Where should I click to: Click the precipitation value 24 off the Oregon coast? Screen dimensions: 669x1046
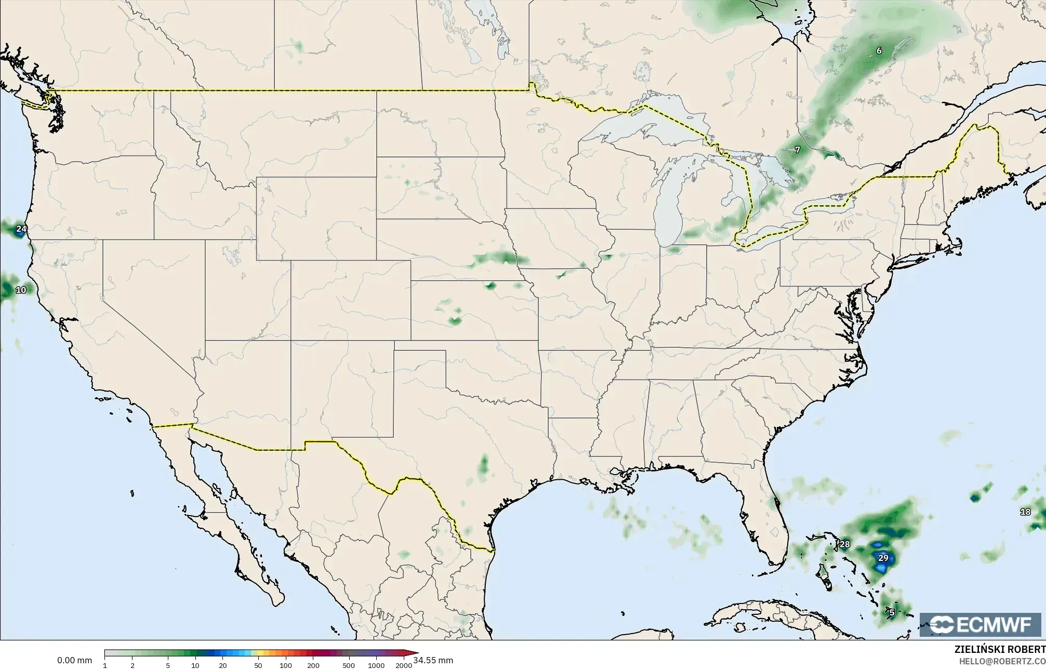pos(21,229)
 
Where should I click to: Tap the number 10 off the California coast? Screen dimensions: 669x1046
pos(21,290)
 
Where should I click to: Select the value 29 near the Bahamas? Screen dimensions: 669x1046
pos(883,558)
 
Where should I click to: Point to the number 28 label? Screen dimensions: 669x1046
pos(845,544)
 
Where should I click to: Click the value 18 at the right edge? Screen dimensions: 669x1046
pos(1025,512)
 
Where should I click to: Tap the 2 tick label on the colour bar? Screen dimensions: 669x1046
pos(133,665)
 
